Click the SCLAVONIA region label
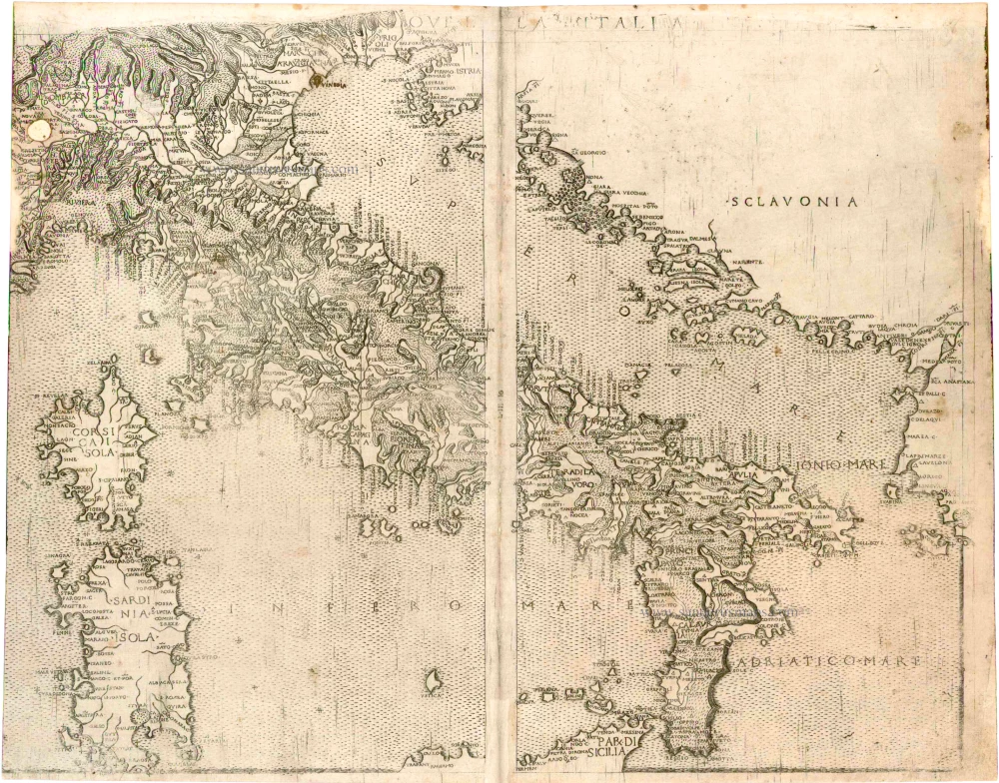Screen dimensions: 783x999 794,202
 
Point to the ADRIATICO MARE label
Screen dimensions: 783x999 830,661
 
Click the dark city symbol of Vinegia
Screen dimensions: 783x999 318,80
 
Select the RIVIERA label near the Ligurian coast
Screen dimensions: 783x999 68,198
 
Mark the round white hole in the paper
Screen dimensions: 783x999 39,127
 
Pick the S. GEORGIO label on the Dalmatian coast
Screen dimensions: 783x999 586,154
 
